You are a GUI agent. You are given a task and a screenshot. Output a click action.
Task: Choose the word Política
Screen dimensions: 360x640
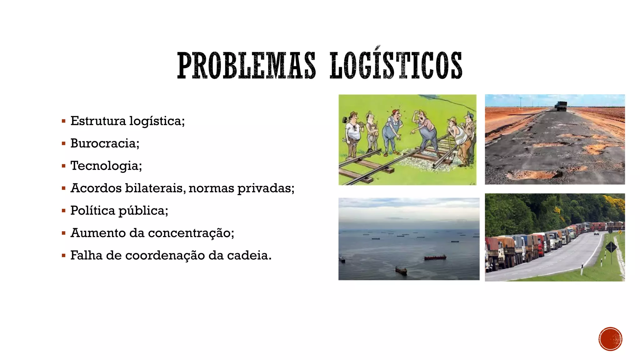[92, 211]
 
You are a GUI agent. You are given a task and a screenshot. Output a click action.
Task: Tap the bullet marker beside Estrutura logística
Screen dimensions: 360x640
[64, 121]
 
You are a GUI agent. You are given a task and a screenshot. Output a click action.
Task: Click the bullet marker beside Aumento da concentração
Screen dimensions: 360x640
[64, 233]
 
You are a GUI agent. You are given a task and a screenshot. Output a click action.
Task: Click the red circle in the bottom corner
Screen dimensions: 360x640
[610, 339]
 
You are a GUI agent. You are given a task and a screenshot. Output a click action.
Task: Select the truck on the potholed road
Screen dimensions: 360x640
[561, 106]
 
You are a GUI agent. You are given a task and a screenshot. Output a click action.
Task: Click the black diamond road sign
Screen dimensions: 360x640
[611, 247]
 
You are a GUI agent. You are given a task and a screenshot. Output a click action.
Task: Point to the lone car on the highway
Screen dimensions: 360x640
[596, 233]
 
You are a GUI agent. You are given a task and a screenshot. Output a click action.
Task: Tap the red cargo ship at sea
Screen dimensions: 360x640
[435, 257]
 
